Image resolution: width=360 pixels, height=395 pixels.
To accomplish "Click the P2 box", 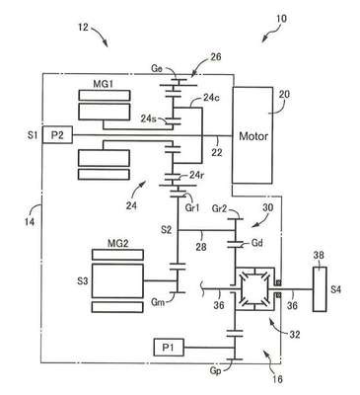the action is [x=57, y=135].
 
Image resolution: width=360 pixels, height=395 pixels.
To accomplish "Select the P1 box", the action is [x=169, y=348].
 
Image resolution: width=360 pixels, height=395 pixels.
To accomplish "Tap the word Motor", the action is [x=253, y=136].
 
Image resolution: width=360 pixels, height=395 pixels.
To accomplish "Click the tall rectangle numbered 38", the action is [x=320, y=288].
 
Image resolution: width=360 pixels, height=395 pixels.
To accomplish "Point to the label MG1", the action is [x=103, y=84].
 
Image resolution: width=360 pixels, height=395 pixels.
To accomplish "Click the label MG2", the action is [x=118, y=244].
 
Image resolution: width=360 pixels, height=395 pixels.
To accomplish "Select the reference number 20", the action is [x=284, y=94].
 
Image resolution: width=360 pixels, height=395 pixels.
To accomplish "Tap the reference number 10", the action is [x=281, y=19].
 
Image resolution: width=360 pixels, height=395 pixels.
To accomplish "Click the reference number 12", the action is [x=83, y=27].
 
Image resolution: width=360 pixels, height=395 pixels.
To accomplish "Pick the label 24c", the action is [x=210, y=98].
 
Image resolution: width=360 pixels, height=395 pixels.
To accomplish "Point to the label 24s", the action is [x=149, y=118].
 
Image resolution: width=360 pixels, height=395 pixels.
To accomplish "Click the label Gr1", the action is [x=192, y=208].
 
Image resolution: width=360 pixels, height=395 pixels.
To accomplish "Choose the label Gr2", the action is [x=220, y=208].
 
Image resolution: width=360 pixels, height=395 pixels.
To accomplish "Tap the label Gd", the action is [x=256, y=243].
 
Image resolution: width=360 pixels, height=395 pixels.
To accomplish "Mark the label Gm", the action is [x=158, y=301].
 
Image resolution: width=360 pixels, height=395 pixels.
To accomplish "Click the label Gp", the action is [x=215, y=370].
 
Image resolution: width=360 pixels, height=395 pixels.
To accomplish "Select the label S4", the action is [x=335, y=289].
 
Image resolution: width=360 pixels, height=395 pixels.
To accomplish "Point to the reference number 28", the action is [x=201, y=246].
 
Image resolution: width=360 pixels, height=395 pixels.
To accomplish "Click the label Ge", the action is [x=157, y=68].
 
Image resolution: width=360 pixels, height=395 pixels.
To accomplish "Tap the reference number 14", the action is [x=30, y=221].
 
